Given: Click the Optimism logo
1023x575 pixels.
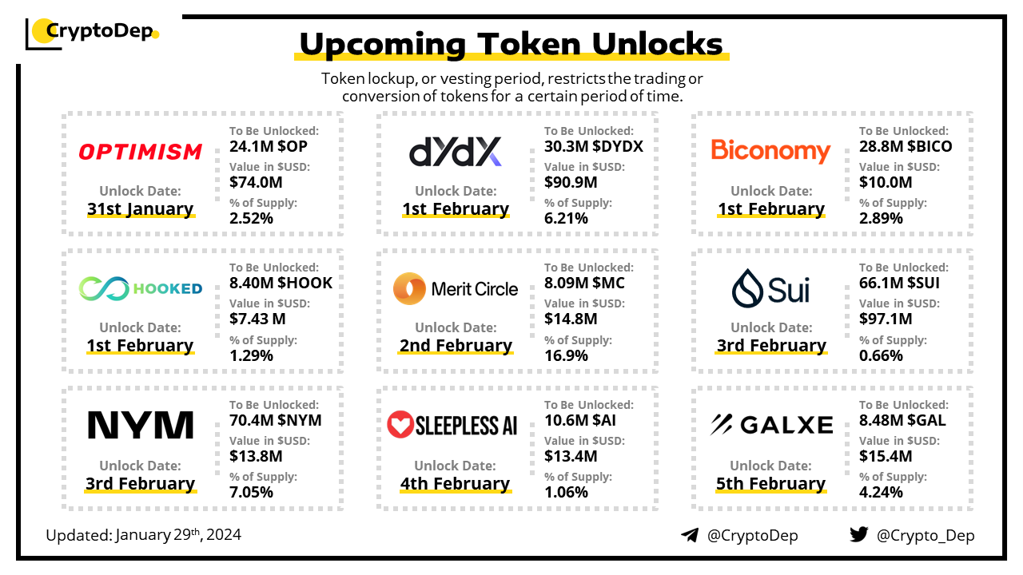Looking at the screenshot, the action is [140, 152].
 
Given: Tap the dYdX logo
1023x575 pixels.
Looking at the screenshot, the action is [456, 151].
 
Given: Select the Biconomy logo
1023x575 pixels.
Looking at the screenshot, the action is [770, 151].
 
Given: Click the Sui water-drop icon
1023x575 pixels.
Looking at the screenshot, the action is [747, 288].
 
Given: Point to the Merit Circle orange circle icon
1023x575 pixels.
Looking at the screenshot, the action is [409, 288].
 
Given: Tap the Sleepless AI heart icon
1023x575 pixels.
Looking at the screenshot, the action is [400, 424].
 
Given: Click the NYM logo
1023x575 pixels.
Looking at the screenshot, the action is [140, 425].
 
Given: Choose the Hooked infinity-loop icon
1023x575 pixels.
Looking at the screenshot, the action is [104, 288].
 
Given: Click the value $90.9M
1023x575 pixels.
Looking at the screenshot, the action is [571, 183].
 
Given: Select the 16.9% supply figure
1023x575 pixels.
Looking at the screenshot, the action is [566, 355].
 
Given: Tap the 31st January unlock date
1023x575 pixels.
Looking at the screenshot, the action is [141, 209].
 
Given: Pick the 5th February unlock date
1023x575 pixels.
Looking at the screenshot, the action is [770, 484].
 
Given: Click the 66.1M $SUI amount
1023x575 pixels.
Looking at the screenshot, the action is [899, 283].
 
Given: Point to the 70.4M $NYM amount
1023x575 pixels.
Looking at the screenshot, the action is [276, 420].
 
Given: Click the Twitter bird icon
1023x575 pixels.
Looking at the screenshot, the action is [859, 534].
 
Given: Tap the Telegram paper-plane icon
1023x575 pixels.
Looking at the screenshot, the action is [690, 535].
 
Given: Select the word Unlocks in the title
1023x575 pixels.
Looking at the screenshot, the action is [657, 44].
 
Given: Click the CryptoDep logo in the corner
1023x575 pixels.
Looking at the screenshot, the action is [92, 33].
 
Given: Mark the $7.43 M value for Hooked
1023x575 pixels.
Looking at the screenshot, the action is [257, 319].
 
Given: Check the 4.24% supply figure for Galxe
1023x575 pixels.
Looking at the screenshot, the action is [881, 493].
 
